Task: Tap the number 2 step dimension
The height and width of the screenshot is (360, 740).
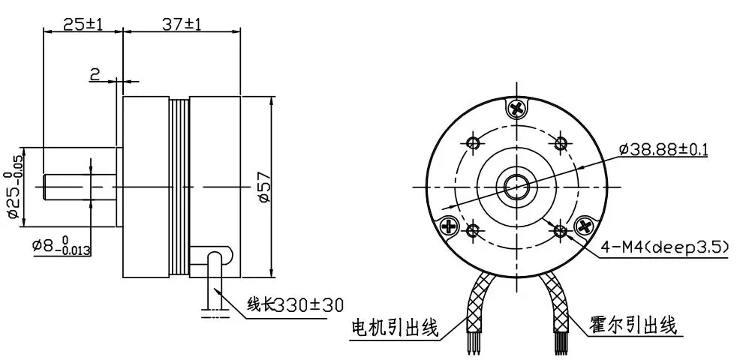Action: [x=95, y=73]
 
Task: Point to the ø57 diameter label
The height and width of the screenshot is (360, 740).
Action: [x=264, y=188]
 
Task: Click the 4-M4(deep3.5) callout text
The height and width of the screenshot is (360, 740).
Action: [x=664, y=247]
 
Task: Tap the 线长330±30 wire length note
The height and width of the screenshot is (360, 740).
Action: [x=296, y=304]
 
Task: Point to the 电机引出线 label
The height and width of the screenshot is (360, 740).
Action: [x=395, y=326]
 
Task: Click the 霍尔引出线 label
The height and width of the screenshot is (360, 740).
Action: [x=633, y=325]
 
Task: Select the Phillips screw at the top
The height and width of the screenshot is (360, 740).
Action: [x=517, y=109]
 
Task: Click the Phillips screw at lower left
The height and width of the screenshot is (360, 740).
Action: [x=449, y=226]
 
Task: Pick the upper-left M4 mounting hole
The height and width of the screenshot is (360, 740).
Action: [x=474, y=142]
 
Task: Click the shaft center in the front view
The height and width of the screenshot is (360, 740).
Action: [x=517, y=187]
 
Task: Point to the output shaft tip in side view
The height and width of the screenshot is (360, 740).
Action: [x=44, y=187]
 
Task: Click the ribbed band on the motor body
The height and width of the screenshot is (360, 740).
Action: [x=179, y=187]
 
